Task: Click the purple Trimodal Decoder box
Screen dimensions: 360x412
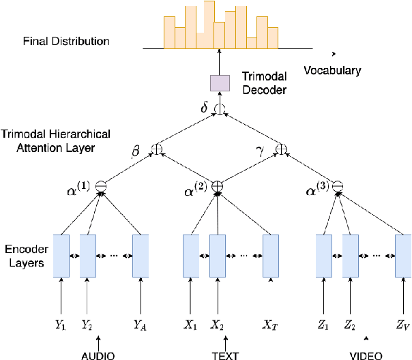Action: (x=220, y=82)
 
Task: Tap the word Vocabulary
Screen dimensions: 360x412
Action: (x=332, y=71)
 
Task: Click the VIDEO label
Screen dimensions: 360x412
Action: (x=366, y=355)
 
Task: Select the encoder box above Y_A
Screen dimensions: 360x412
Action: (x=141, y=256)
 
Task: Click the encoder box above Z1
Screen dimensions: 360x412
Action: (x=324, y=256)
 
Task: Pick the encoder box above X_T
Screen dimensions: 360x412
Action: (x=271, y=256)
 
